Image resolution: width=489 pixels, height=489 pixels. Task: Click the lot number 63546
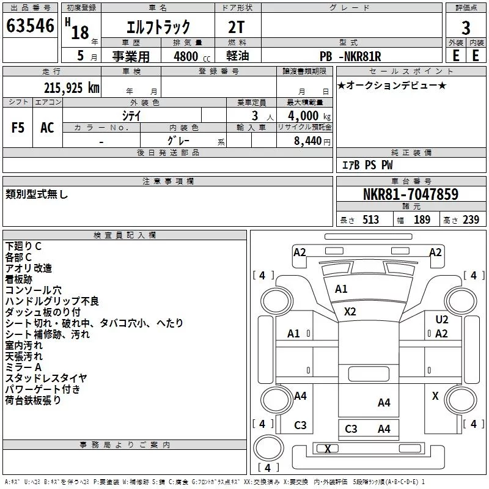coord(30,25)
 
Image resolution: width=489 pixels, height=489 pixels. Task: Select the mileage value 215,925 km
coord(72,88)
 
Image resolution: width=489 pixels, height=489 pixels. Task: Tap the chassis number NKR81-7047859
coord(411,194)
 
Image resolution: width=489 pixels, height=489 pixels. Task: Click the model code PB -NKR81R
coord(350,56)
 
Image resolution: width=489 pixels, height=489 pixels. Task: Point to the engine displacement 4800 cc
coord(192,56)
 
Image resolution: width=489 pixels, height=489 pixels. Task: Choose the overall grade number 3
coord(466,28)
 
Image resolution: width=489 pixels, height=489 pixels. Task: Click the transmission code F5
coord(18,128)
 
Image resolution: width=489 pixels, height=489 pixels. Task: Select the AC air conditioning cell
coord(47,128)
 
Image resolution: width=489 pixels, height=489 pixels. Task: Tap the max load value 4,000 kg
coord(309,116)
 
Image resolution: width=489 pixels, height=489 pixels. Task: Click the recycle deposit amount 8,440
coord(308,141)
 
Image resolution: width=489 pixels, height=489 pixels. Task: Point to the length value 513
coord(370,219)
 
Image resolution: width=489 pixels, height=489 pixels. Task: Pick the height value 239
coord(471,219)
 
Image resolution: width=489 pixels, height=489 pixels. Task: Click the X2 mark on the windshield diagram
coord(350,312)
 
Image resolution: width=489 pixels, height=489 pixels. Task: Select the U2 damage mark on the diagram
coord(441,319)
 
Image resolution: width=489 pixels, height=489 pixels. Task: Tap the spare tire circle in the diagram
coord(268,447)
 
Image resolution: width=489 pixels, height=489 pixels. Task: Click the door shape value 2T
coord(236,28)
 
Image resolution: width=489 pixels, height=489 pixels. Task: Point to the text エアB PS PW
coord(367,165)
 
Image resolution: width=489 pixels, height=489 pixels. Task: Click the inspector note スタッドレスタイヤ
coord(46,378)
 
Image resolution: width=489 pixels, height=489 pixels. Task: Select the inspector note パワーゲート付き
coord(43,389)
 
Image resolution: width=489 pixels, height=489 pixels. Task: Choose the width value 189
coord(422,219)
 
